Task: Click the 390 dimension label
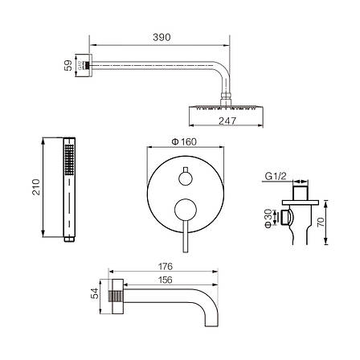pos(162,37)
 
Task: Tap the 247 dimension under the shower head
pos(227,121)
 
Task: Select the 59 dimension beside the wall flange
pos(68,65)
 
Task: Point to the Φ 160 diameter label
pos(184,141)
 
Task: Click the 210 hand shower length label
pos(36,186)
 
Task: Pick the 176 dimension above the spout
pos(166,267)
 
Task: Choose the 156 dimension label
pos(165,280)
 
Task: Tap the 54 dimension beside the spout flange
pos(95,293)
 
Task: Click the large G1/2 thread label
pos(276,176)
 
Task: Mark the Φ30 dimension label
pos(268,219)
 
